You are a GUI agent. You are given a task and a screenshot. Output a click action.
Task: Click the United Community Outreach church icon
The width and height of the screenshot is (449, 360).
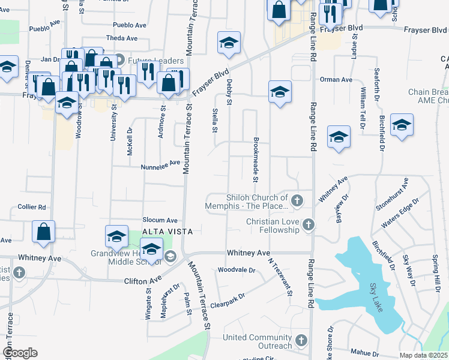(x=301, y=341)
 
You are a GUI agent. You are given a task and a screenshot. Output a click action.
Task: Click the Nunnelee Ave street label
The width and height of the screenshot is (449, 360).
(x=160, y=163)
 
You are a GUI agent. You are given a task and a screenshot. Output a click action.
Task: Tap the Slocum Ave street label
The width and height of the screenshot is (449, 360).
(x=160, y=220)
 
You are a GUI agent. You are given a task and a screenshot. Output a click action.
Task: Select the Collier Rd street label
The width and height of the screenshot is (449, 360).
(x=32, y=207)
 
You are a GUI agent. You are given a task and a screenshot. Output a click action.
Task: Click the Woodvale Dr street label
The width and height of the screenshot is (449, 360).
(x=237, y=271)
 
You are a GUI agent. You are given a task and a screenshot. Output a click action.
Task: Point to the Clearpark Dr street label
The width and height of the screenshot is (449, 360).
(x=228, y=296)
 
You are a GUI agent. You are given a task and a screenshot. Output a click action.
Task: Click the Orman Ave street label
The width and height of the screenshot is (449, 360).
(x=336, y=79)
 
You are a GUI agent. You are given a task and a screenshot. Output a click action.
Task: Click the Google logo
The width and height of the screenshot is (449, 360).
(x=20, y=353)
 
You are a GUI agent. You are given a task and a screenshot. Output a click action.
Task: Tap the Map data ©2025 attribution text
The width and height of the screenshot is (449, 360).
(x=424, y=355)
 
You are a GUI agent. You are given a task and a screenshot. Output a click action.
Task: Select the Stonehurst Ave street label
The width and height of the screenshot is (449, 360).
(x=392, y=194)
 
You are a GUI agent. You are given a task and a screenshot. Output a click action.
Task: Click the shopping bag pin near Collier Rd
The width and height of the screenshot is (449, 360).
(x=44, y=232)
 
